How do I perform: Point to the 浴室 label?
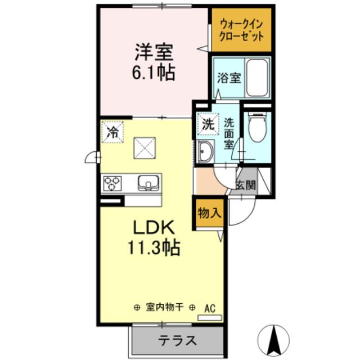point(228,78)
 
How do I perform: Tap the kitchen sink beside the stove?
point(148,182)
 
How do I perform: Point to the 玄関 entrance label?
point(245,184)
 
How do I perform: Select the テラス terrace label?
point(177,340)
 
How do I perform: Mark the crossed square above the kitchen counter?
point(145,148)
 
